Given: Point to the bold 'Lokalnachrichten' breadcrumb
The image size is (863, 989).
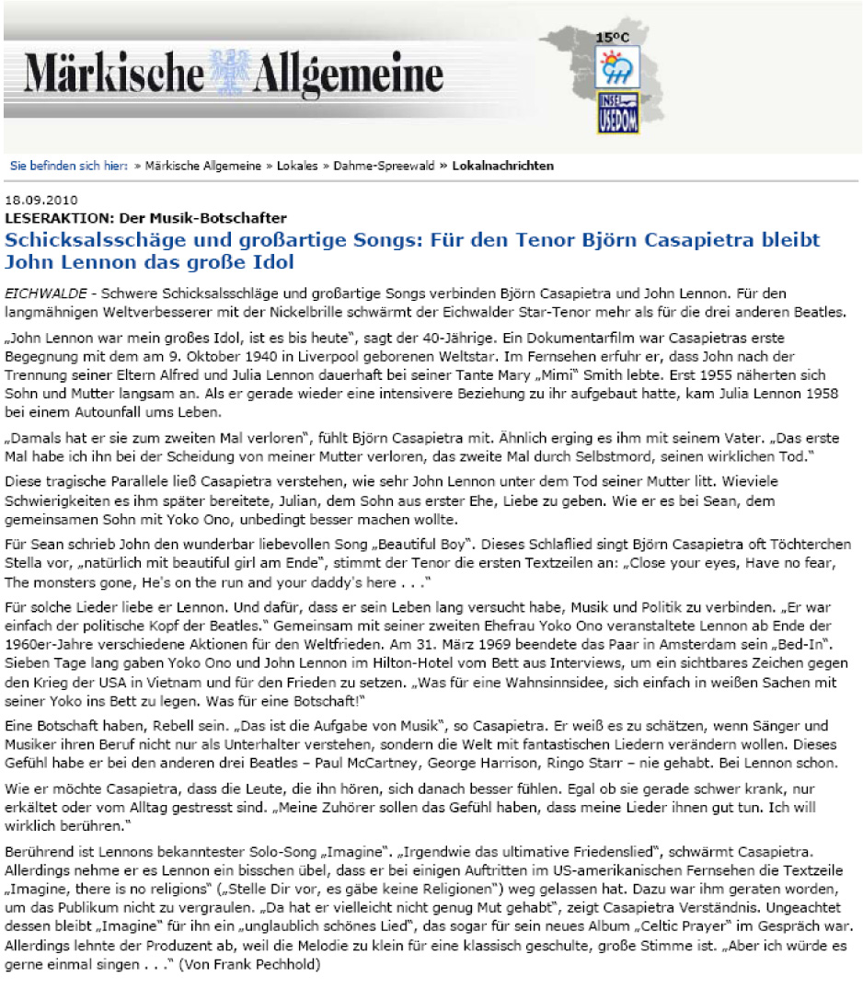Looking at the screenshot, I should click(503, 167).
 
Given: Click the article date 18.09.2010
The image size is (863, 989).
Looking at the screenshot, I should click(41, 200).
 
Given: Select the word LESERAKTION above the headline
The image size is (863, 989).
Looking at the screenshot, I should click(49, 218).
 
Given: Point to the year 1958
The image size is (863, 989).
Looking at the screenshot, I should click(825, 394).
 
